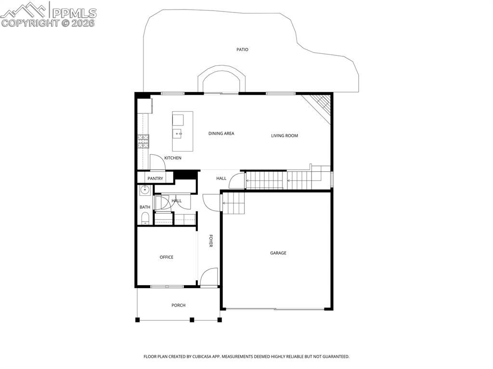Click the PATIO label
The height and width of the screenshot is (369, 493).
point(242,50)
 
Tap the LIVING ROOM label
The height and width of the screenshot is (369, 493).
point(284,136)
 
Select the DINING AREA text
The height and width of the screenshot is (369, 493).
point(221,133)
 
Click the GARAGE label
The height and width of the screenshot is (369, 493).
point(278,253)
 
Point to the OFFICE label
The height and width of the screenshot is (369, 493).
point(167,257)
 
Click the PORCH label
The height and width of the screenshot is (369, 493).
point(178,305)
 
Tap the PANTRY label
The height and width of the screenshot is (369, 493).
point(155,178)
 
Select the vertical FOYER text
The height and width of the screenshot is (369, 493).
point(211,241)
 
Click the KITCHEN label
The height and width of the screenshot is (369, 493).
point(173,158)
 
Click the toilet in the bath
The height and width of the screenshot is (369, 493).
point(145,219)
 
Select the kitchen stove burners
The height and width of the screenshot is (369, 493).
point(143,140)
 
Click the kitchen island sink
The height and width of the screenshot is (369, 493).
point(178,134)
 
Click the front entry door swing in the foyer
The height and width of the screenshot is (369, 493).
point(208,277)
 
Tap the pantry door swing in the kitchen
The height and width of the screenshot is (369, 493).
point(157,162)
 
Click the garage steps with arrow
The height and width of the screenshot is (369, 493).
point(233,203)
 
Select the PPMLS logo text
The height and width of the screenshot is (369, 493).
point(74,13)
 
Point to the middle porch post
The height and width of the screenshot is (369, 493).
point(192,319)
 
